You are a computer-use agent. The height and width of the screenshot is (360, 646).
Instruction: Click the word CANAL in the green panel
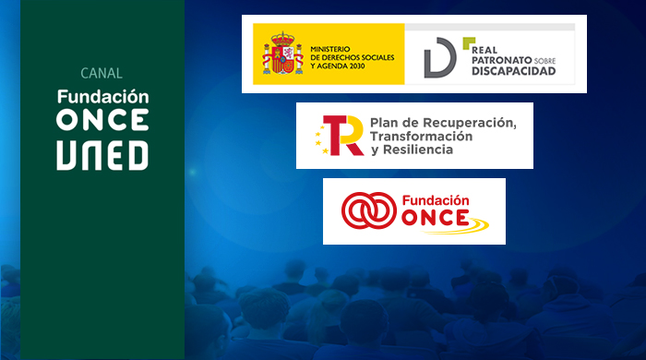click(102, 73)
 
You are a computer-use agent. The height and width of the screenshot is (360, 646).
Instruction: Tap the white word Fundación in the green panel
click(102, 95)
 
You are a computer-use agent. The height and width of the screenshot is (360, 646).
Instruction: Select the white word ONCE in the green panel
click(102, 120)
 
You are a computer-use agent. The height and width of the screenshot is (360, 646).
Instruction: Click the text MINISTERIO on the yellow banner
click(333, 48)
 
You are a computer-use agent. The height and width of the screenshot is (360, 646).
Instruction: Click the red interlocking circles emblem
click(366, 211)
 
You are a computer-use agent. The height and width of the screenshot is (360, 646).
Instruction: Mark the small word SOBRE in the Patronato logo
click(544, 61)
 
